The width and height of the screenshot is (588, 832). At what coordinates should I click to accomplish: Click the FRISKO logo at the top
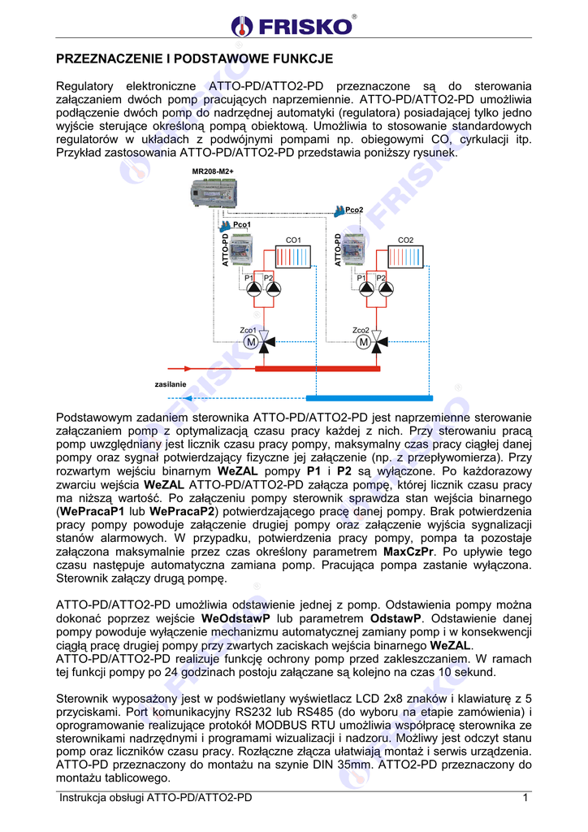click(293, 25)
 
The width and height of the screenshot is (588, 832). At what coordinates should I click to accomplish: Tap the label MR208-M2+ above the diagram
click(213, 172)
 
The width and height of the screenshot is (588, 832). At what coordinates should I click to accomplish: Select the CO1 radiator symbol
click(294, 258)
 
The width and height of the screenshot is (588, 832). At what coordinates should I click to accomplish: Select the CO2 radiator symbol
click(405, 258)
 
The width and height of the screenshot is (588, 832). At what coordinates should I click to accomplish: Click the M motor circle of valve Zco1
click(251, 343)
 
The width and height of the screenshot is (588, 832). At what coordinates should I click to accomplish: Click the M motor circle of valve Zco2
click(363, 343)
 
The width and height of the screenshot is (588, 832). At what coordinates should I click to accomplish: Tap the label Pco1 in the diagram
click(241, 224)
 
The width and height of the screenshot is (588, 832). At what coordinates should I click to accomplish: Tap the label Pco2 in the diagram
click(354, 210)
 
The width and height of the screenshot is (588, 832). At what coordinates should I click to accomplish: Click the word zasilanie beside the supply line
click(171, 383)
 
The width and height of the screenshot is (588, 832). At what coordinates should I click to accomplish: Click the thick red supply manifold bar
click(317, 368)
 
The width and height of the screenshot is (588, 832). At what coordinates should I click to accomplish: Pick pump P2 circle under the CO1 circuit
click(274, 289)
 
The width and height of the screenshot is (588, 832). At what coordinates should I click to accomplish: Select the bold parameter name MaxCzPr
click(409, 552)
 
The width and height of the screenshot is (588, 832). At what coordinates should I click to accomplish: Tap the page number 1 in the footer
click(525, 798)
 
